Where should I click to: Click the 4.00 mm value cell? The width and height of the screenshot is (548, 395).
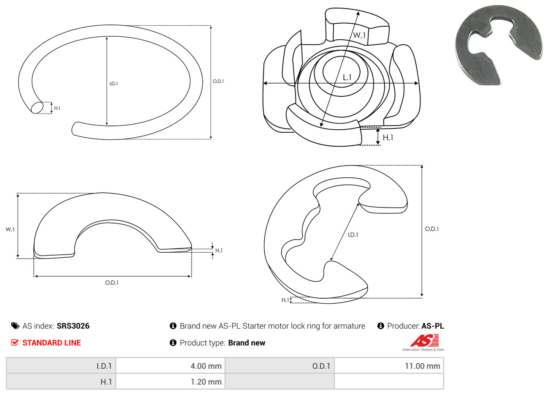pyautogui.click(x=170, y=366)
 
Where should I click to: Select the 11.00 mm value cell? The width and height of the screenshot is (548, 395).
pyautogui.click(x=389, y=366)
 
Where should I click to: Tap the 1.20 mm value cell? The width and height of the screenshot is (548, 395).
pyautogui.click(x=170, y=381)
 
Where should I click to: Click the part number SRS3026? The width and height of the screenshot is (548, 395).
pyautogui.click(x=73, y=326)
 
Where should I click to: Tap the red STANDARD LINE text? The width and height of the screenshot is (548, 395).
pyautogui.click(x=52, y=343)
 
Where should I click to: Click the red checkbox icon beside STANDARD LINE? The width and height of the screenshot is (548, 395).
pyautogui.click(x=15, y=343)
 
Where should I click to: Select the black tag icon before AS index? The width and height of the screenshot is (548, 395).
pyautogui.click(x=15, y=326)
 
